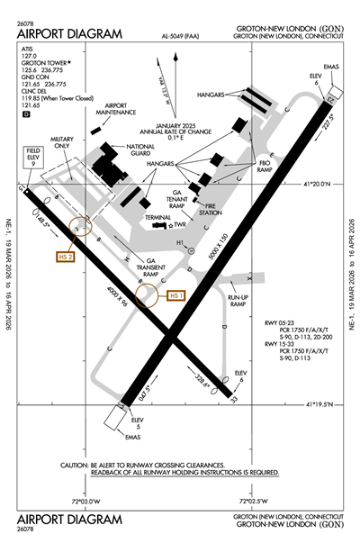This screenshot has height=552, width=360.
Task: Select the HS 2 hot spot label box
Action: (x=65, y=258)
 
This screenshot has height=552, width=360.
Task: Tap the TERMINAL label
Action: (x=157, y=219)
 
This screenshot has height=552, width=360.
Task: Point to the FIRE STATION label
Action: (x=210, y=209)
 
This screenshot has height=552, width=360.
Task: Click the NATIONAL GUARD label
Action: (x=140, y=149)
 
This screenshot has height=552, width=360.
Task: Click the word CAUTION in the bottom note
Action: (x=76, y=466)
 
